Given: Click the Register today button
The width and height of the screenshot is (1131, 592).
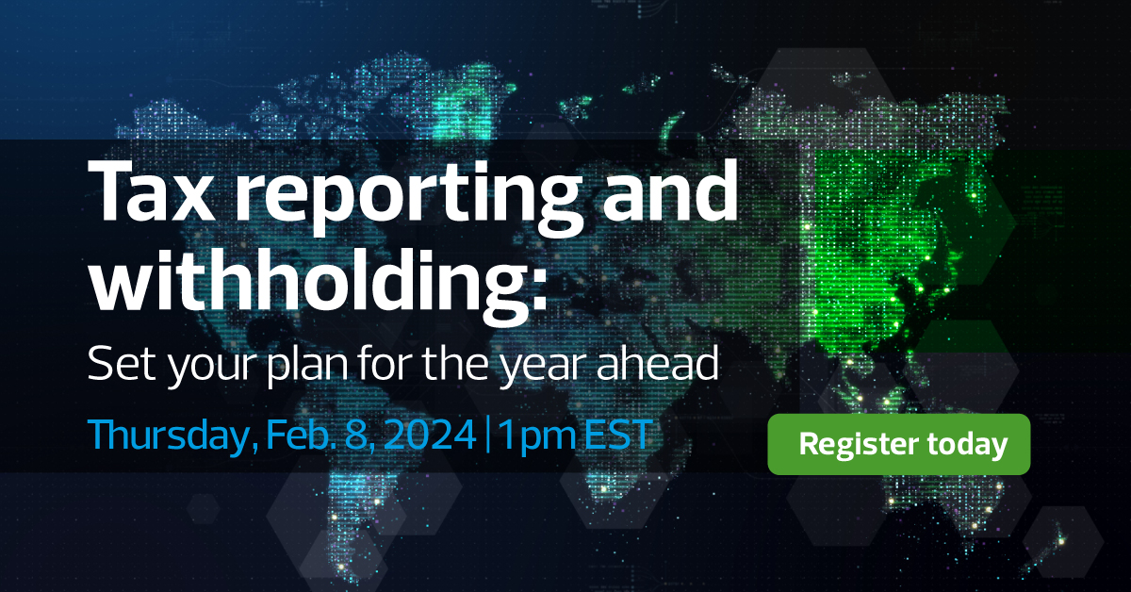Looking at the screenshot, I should [899, 444].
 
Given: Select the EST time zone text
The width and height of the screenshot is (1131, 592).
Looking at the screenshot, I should [616, 436].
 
